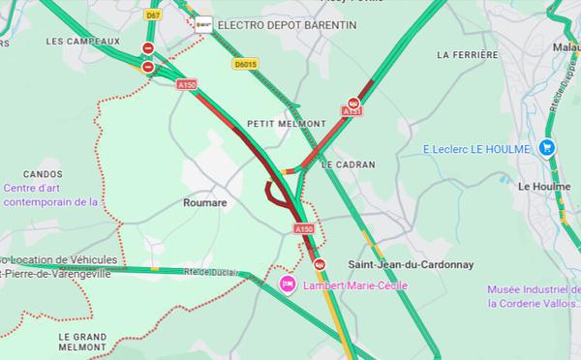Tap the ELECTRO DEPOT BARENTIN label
click(269, 23)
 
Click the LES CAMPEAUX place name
click(82, 42)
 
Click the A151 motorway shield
click(352, 113)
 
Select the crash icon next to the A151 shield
click(354, 100)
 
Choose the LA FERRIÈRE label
click(467, 55)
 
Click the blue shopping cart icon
click(547, 148)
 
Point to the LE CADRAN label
click(348, 165)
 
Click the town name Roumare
click(205, 203)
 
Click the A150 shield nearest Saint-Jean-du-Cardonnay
click(304, 229)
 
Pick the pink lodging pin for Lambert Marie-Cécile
click(287, 285)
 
